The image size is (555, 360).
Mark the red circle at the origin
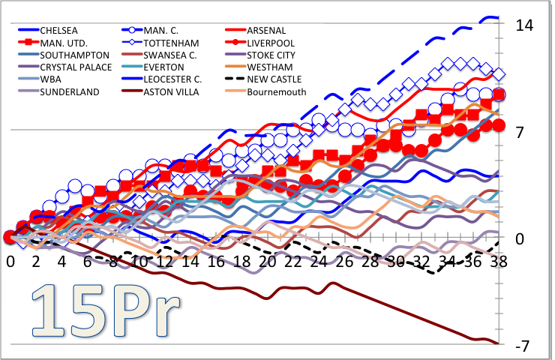coord(10,238)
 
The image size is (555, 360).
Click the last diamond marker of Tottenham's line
coord(498,73)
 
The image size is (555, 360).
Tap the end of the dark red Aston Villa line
coord(498,343)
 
